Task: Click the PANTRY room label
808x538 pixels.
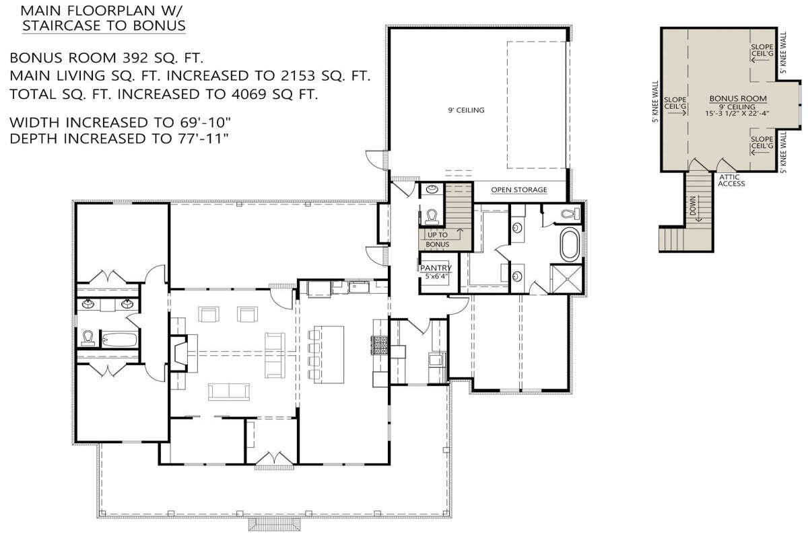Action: click(436, 268)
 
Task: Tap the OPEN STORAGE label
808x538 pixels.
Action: click(518, 190)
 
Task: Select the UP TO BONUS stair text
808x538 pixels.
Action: click(437, 239)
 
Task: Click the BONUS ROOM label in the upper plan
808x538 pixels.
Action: click(738, 98)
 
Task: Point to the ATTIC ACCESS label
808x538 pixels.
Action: click(731, 180)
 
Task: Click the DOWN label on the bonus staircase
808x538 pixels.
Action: click(693, 206)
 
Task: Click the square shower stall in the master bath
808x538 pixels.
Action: click(566, 279)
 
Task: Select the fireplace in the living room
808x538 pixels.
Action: click(179, 354)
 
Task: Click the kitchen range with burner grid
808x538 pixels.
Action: click(379, 346)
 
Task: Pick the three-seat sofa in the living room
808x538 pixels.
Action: click(229, 391)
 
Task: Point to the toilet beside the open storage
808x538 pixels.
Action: click(432, 216)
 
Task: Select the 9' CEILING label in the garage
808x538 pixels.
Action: click(467, 110)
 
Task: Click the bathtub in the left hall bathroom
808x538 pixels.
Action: click(120, 340)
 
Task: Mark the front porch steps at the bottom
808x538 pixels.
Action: click(275, 524)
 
